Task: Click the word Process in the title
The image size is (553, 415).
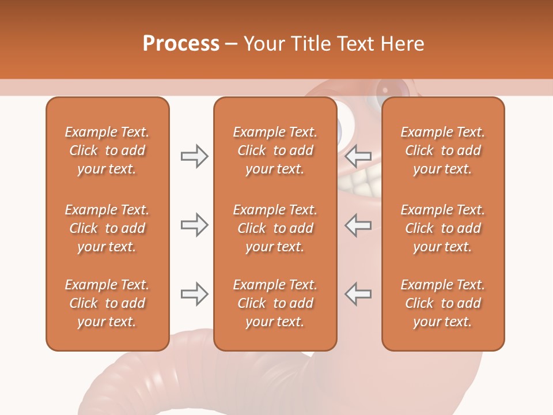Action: click(x=181, y=44)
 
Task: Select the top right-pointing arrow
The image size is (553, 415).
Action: click(x=194, y=156)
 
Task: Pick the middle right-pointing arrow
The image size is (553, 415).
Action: click(x=194, y=225)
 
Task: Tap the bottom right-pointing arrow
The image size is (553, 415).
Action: click(x=194, y=294)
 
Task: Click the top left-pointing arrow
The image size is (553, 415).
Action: click(x=358, y=156)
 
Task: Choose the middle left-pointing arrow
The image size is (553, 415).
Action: click(x=358, y=225)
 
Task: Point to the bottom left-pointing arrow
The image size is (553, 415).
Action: click(x=358, y=294)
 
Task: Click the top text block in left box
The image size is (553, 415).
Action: click(x=107, y=150)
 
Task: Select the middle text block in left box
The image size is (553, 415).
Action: click(x=107, y=228)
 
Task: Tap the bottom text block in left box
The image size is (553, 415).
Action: click(x=107, y=303)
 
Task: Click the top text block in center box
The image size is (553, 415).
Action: click(x=275, y=150)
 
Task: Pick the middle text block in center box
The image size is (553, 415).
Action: click(x=275, y=228)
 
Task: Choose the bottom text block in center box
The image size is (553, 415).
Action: click(x=275, y=303)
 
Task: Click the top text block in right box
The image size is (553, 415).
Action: click(x=442, y=150)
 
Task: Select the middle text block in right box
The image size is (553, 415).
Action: click(x=442, y=228)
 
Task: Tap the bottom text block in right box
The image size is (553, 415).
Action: click(x=442, y=303)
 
